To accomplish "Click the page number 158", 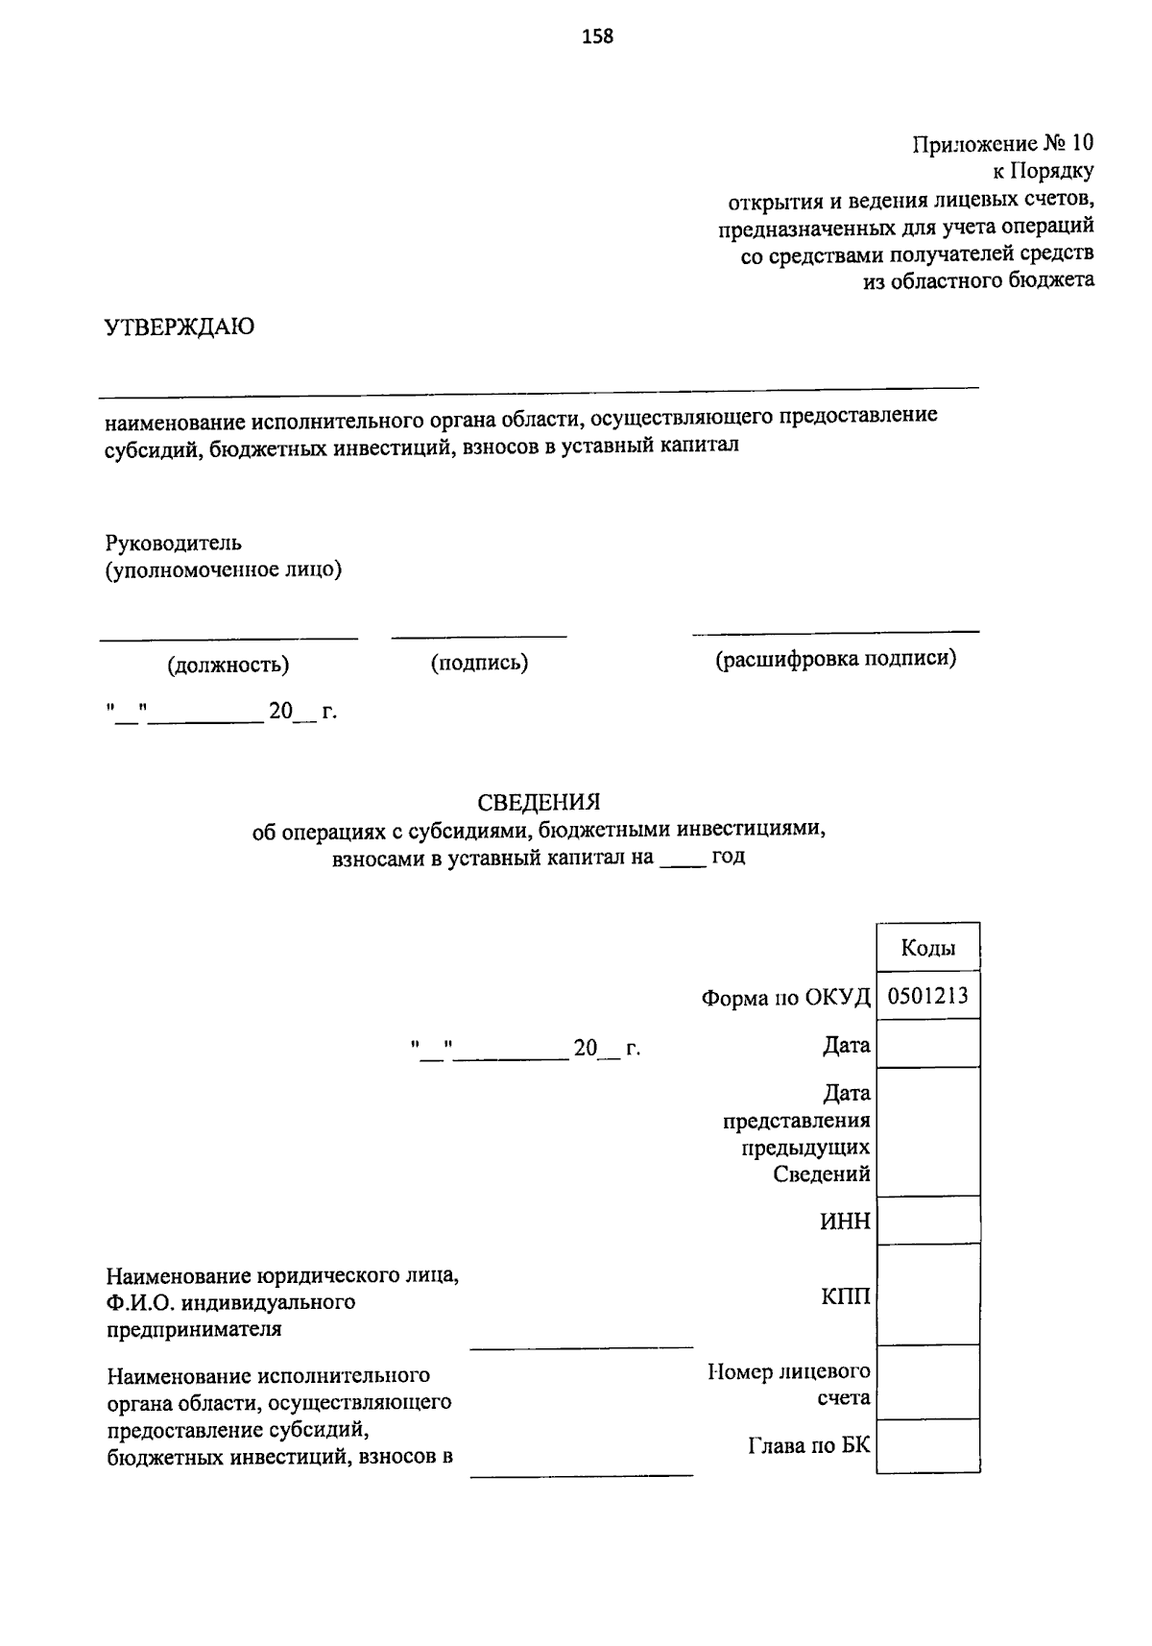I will [x=597, y=37].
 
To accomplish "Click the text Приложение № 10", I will [x=1002, y=144].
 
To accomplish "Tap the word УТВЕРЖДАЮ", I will [x=180, y=327].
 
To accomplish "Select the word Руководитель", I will [x=174, y=543].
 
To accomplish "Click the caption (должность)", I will [x=228, y=665].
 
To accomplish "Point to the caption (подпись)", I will [x=479, y=663].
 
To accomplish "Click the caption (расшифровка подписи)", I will [x=835, y=660].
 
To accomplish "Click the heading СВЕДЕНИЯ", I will [x=539, y=802].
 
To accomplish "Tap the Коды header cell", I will [x=927, y=949].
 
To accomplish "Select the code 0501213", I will [x=927, y=996].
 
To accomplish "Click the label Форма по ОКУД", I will [x=785, y=998].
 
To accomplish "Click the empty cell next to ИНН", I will [x=927, y=1221].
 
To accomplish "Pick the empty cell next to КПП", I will [x=927, y=1295].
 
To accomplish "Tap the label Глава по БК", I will [x=808, y=1444].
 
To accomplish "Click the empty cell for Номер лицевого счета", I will [x=927, y=1383].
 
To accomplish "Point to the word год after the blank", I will [x=728, y=858].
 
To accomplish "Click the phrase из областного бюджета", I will [x=979, y=281].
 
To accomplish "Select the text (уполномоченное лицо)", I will [x=224, y=570].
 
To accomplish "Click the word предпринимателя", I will [x=194, y=1330].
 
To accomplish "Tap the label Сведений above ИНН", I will [x=822, y=1174].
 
